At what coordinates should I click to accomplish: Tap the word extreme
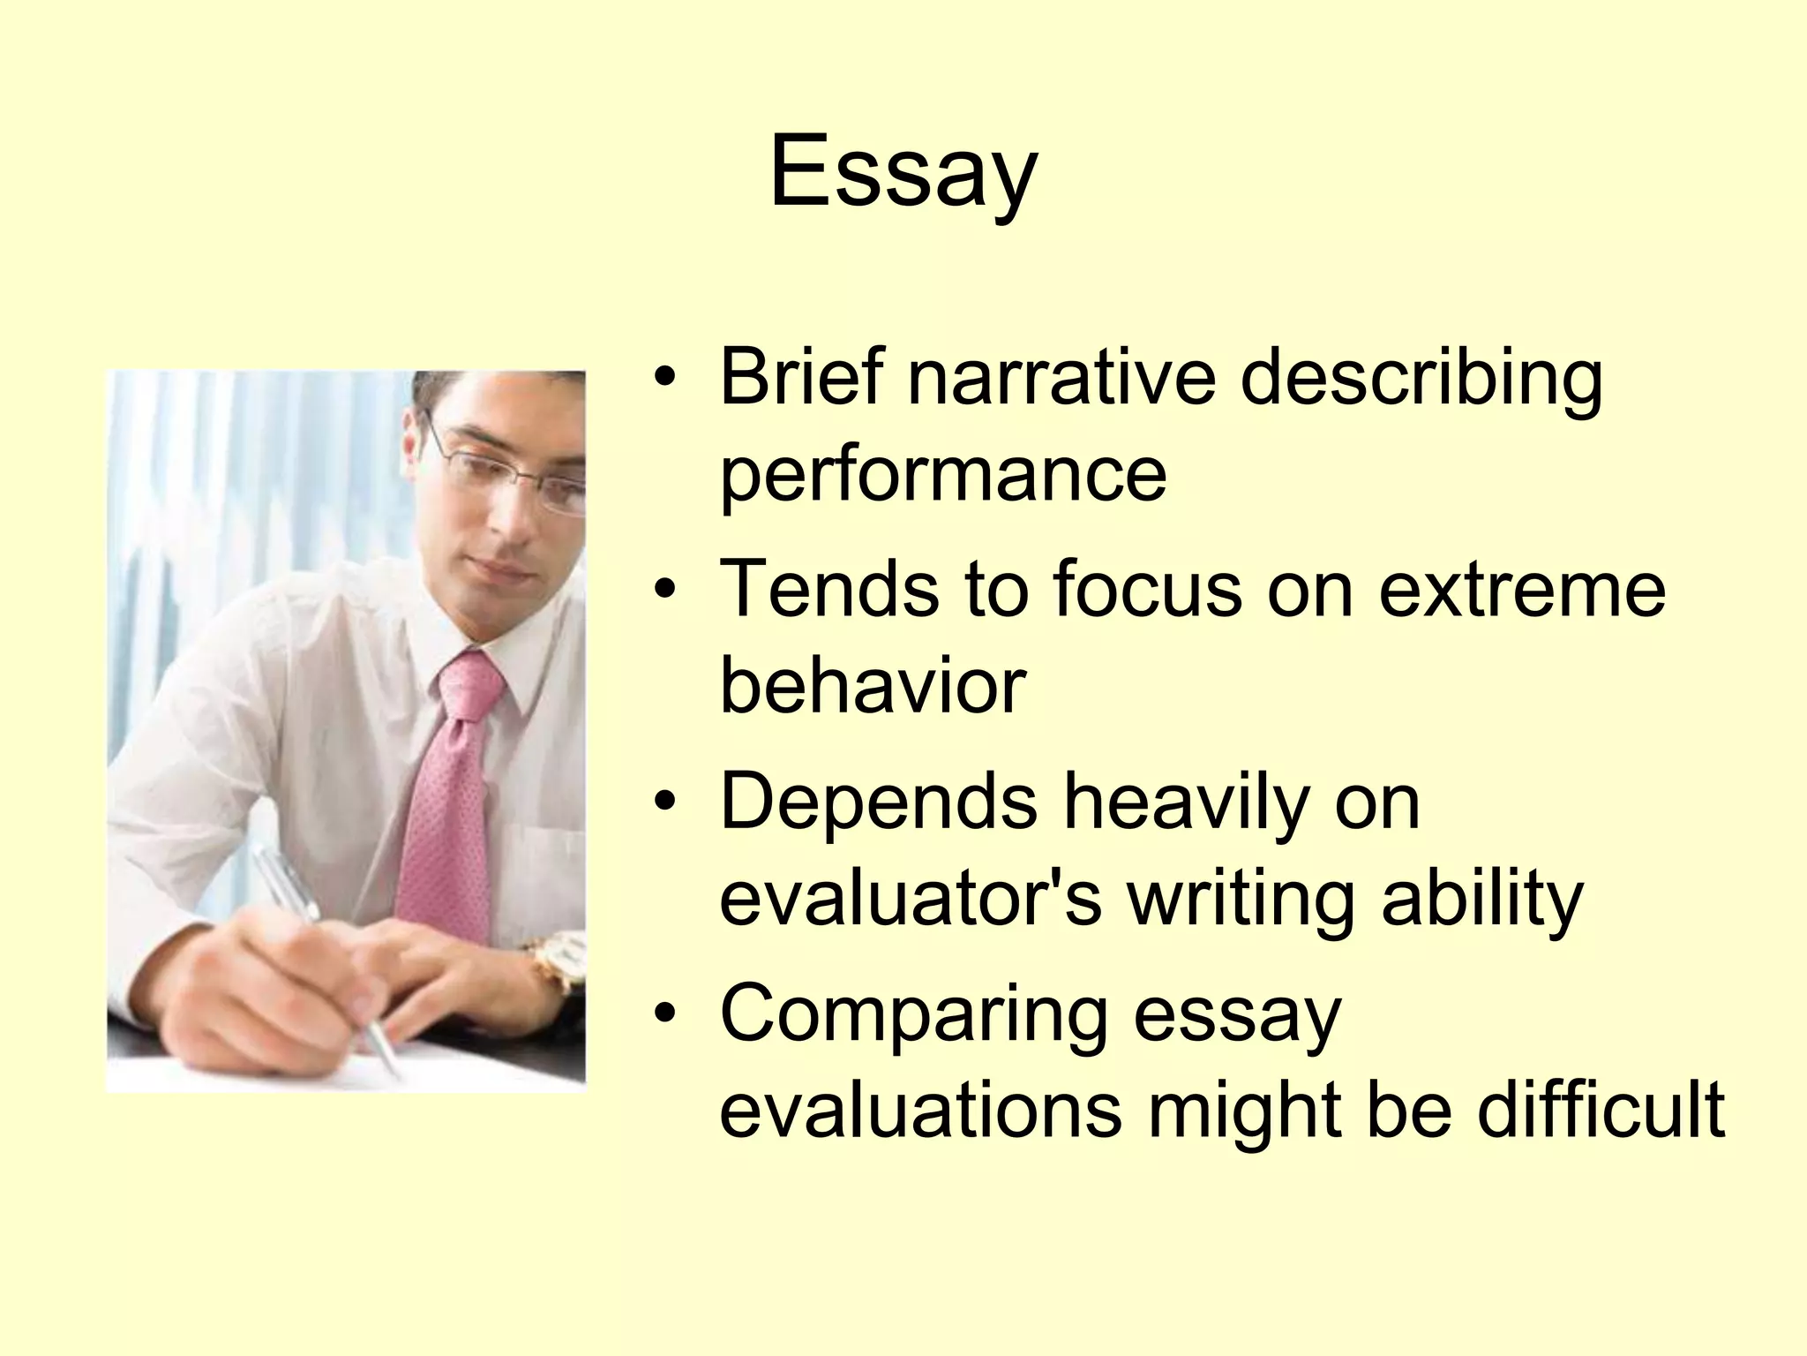(1522, 590)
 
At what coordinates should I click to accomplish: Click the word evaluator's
(911, 899)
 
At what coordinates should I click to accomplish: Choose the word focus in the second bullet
(1147, 590)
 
